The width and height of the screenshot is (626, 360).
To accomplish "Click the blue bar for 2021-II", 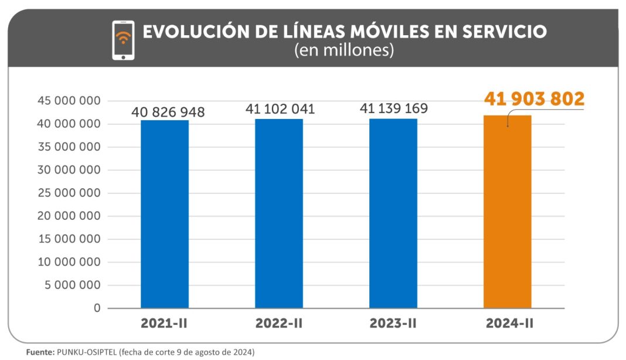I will point(165,214).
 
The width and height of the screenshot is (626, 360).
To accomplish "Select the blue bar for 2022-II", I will point(279,213).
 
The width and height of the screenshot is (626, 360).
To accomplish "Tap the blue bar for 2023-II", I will point(393,213).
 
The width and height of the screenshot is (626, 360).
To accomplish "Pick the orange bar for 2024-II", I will point(508,212).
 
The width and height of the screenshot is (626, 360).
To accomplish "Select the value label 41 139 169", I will point(393,108).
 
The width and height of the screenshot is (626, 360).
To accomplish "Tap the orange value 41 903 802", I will point(534,99).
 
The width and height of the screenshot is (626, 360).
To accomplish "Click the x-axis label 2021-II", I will point(165,324).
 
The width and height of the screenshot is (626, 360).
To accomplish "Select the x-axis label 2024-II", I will point(508,324).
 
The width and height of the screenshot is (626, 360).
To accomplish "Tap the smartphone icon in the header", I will point(123,40).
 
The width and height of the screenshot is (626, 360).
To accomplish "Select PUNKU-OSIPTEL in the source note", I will point(86,352).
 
